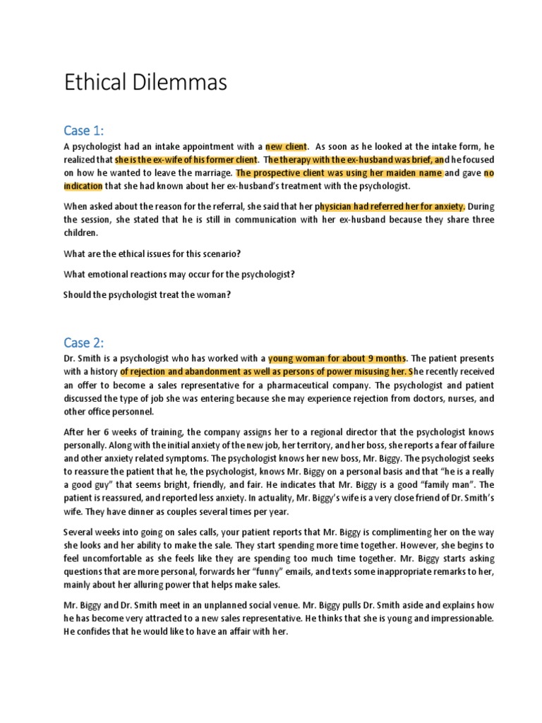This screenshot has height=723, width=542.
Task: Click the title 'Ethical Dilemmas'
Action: (x=145, y=83)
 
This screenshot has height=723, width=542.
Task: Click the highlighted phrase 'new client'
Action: (x=286, y=147)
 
